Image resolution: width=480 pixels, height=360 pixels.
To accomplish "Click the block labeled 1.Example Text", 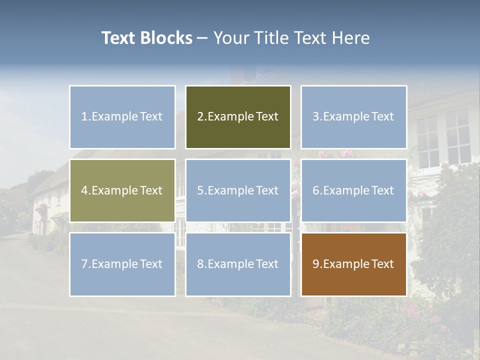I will pos(122,117).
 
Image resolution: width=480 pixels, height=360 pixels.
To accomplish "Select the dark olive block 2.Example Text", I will pos(238,117).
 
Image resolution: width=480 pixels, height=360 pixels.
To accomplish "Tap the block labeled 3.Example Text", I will pos(353,117).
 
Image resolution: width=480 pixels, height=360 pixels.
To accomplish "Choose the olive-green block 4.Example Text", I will pos(122,190).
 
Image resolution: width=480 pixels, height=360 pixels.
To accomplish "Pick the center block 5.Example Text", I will pos(238,190).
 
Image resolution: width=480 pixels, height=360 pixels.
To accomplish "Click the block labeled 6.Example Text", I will pos(353,190).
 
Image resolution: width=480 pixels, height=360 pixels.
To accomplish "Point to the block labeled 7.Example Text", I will pos(122,264).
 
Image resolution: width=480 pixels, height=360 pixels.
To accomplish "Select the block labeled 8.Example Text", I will pos(238,264).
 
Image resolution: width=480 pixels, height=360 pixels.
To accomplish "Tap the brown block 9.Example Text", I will pos(353,264).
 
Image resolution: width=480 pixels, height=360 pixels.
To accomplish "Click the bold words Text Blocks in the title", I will pos(146,38).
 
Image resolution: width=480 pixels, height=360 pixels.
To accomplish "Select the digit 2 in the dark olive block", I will pos(200,117).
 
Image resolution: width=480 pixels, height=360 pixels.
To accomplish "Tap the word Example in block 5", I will pos(230,190).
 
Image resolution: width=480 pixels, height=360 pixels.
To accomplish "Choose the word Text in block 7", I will pos(151,264).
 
